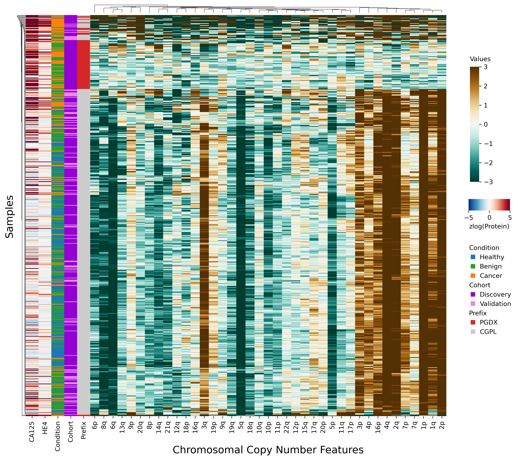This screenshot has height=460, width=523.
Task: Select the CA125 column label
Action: point(32,432)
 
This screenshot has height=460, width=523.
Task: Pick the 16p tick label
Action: point(378,427)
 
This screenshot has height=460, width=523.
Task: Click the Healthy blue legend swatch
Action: point(473,257)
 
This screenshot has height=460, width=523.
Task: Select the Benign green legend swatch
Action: point(473,266)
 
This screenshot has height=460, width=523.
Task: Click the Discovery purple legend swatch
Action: point(473,294)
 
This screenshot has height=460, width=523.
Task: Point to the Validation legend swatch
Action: point(473,304)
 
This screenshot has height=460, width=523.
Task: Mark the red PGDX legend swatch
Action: point(473,322)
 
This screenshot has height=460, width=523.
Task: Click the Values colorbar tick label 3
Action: point(485,67)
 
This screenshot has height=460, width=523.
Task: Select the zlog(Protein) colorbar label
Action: point(489,226)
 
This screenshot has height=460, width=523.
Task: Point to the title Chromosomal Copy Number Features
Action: point(268,450)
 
